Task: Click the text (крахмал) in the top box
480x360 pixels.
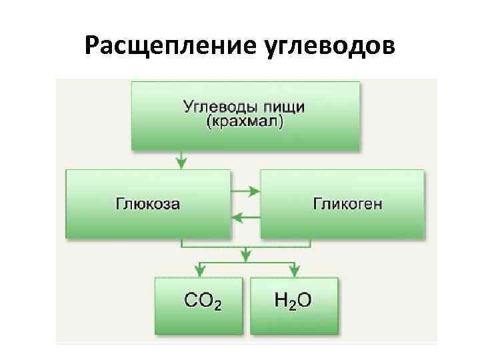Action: [244, 122]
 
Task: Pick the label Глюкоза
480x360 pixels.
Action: [147, 203]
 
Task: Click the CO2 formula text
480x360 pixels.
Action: [203, 301]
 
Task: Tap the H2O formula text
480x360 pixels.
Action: [293, 301]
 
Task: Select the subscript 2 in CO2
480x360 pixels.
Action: [217, 305]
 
